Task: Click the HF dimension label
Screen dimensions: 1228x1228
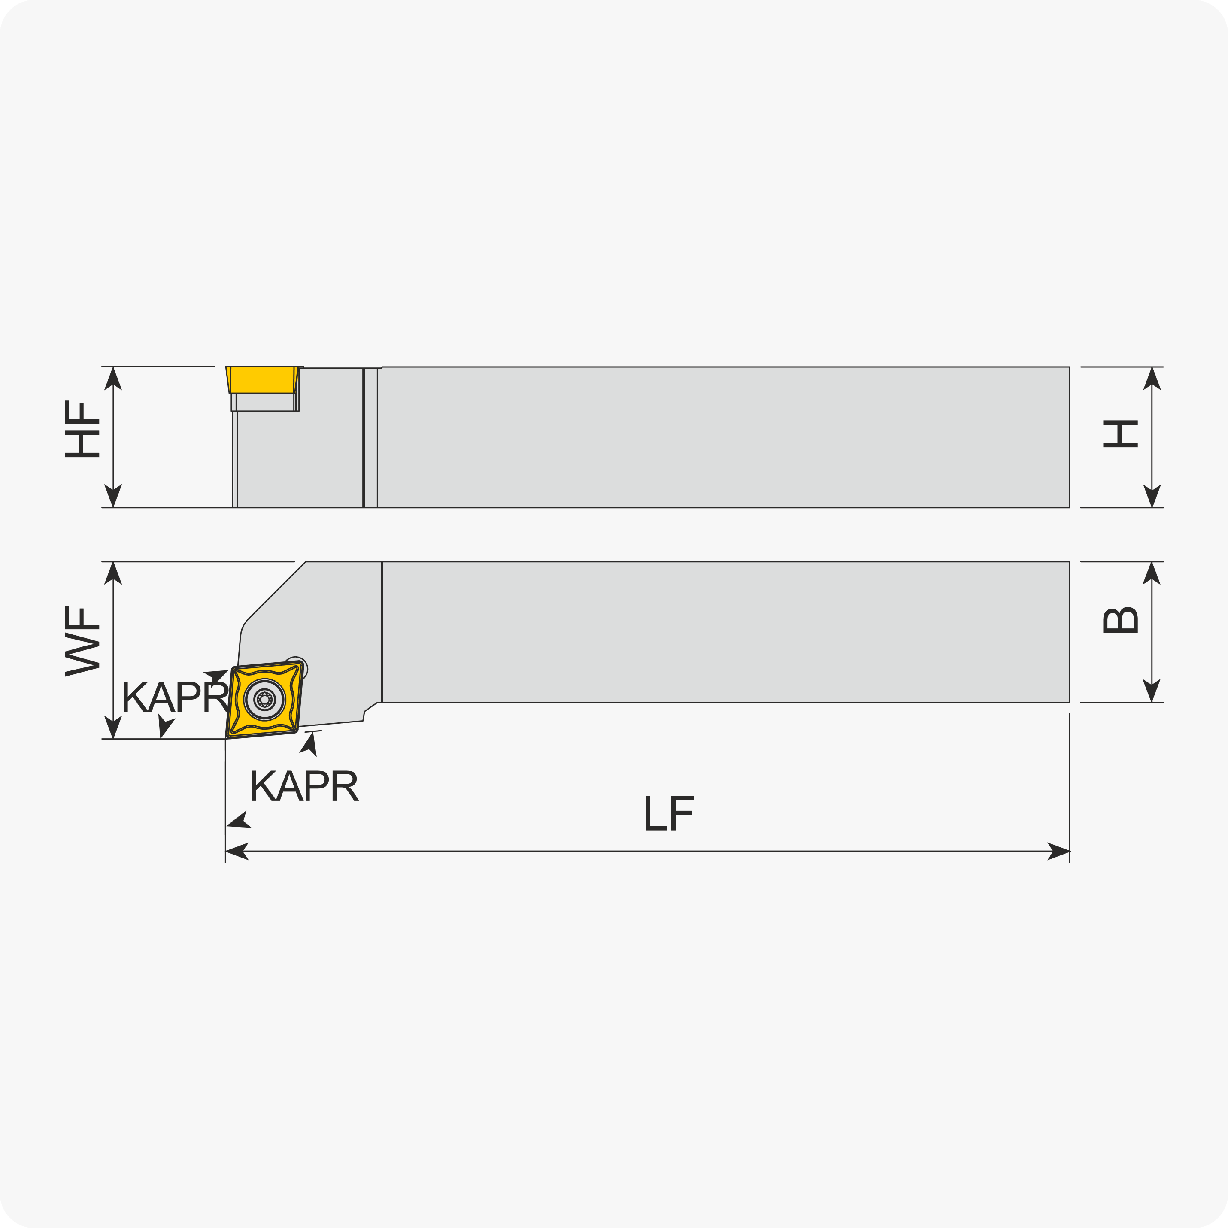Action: (82, 429)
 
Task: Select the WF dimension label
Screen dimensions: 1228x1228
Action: (82, 641)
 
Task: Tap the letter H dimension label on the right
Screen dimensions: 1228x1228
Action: (1120, 434)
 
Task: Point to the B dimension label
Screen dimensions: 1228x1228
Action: (1120, 621)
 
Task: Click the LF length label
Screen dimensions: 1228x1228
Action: (669, 813)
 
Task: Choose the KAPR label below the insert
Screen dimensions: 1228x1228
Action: (305, 785)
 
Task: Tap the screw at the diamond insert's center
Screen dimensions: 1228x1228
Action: (264, 699)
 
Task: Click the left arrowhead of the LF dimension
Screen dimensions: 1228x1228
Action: (237, 851)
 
